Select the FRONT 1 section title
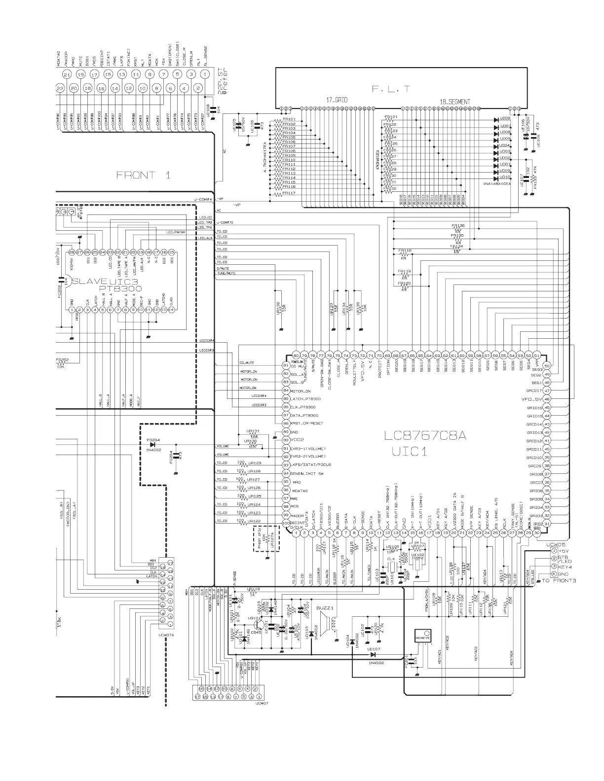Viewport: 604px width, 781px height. point(143,175)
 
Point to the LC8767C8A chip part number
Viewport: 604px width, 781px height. point(425,436)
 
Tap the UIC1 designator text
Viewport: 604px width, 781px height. point(410,451)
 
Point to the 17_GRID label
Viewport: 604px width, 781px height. point(336,100)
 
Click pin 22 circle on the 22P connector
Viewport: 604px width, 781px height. point(60,88)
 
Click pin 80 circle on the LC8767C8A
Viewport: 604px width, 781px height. point(296,355)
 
